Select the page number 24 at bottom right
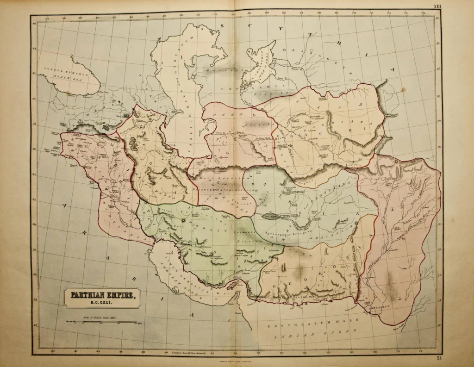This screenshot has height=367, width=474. point(438,358)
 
